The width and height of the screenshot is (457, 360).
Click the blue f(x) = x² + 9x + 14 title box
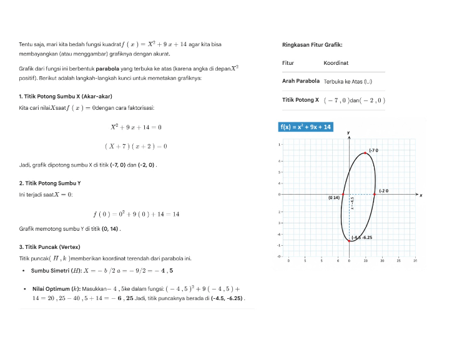tap(305, 127)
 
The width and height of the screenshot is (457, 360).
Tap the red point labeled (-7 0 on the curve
tap(366, 153)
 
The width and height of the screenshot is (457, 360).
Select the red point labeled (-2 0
tap(375, 195)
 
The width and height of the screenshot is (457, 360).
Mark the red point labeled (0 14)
tap(343, 195)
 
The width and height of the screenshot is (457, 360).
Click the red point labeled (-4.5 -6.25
tap(349, 240)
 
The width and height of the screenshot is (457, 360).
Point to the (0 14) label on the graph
tap(333, 198)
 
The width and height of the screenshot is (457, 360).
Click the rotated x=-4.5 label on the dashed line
tap(352, 206)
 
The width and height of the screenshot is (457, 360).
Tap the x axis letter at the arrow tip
tap(421, 196)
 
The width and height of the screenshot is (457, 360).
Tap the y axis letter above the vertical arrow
tap(348, 133)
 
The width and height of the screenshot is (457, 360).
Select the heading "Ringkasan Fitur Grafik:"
tap(312, 45)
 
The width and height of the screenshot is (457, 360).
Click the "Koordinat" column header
tap(336, 63)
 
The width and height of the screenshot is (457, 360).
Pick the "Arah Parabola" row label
tap(301, 81)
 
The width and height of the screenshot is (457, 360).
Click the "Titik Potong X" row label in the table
tap(301, 100)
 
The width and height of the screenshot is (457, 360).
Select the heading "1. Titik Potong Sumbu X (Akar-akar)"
tap(66, 96)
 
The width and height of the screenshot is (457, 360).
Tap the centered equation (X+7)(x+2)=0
tap(135, 147)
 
